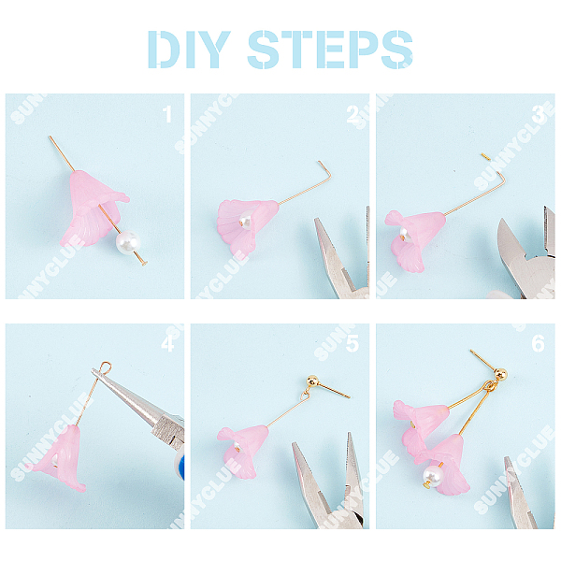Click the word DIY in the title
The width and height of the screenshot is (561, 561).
[189, 50]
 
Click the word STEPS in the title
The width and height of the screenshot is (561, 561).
[330, 50]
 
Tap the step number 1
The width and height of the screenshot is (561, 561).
[167, 114]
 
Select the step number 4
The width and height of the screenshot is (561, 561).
[167, 343]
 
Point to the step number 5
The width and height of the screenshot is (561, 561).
[352, 343]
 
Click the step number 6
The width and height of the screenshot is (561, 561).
[538, 343]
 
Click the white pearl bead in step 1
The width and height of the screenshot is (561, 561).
[128, 243]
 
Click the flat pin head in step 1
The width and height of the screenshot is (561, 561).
[144, 264]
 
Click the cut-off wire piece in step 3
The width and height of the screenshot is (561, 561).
[485, 156]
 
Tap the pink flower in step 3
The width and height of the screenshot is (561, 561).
[415, 239]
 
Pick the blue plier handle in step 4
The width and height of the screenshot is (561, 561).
[180, 465]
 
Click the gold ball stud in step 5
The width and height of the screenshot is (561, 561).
[312, 381]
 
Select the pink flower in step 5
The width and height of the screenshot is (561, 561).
[243, 451]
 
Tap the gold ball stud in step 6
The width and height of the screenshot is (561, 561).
[500, 374]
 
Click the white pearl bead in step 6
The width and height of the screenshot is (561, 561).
[433, 476]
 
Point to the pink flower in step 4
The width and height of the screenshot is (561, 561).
[59, 457]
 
